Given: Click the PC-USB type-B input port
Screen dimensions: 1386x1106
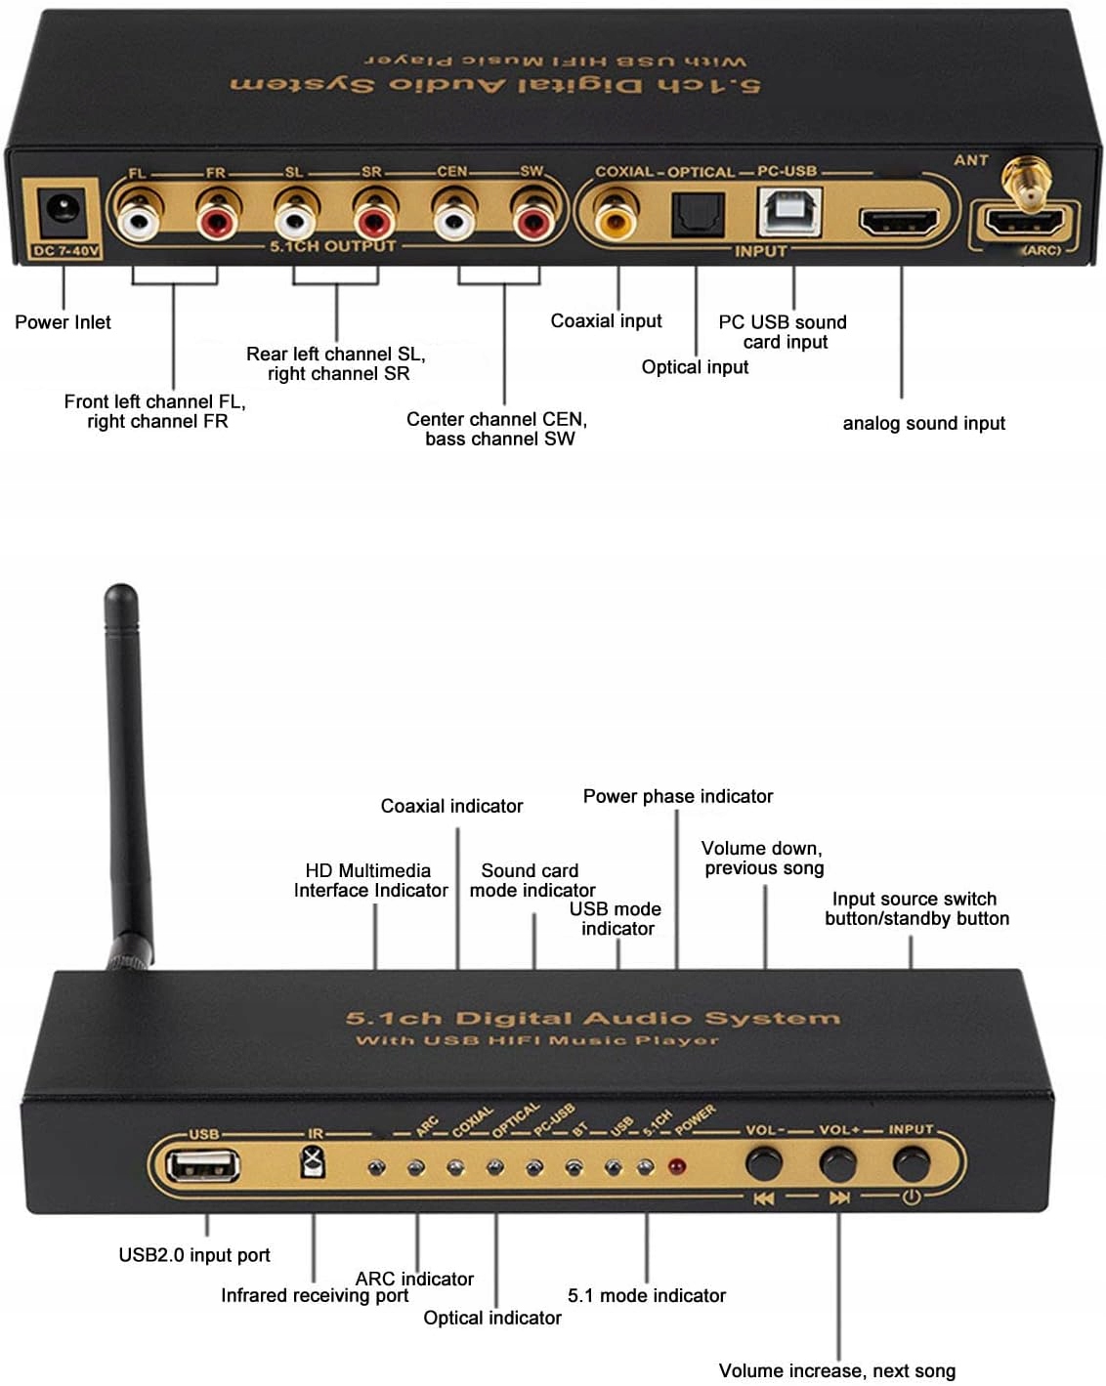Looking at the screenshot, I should pyautogui.click(x=789, y=210).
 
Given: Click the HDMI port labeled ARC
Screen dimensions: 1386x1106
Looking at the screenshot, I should pyautogui.click(x=1023, y=224).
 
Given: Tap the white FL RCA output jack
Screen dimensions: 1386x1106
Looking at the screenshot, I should pyautogui.click(x=138, y=220).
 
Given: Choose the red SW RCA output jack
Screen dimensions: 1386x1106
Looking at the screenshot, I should pyautogui.click(x=532, y=220).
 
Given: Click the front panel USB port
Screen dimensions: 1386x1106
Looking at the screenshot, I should pyautogui.click(x=203, y=1165).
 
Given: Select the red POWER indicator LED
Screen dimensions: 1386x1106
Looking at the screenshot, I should pyautogui.click(x=675, y=1166).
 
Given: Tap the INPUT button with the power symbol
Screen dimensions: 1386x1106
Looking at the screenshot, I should pyautogui.click(x=911, y=1163).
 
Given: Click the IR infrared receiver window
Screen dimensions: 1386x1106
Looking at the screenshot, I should pyautogui.click(x=314, y=1162).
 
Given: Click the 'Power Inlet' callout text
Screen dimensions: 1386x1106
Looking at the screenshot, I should pyautogui.click(x=63, y=322).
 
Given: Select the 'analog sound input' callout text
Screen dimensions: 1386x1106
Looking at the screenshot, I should pyautogui.click(x=923, y=423).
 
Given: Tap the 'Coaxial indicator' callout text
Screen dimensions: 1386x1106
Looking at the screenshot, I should pyautogui.click(x=451, y=806).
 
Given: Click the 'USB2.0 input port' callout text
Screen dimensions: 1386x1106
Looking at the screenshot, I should pyautogui.click(x=193, y=1255).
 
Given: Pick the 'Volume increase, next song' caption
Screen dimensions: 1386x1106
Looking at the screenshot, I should pyautogui.click(x=836, y=1370).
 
